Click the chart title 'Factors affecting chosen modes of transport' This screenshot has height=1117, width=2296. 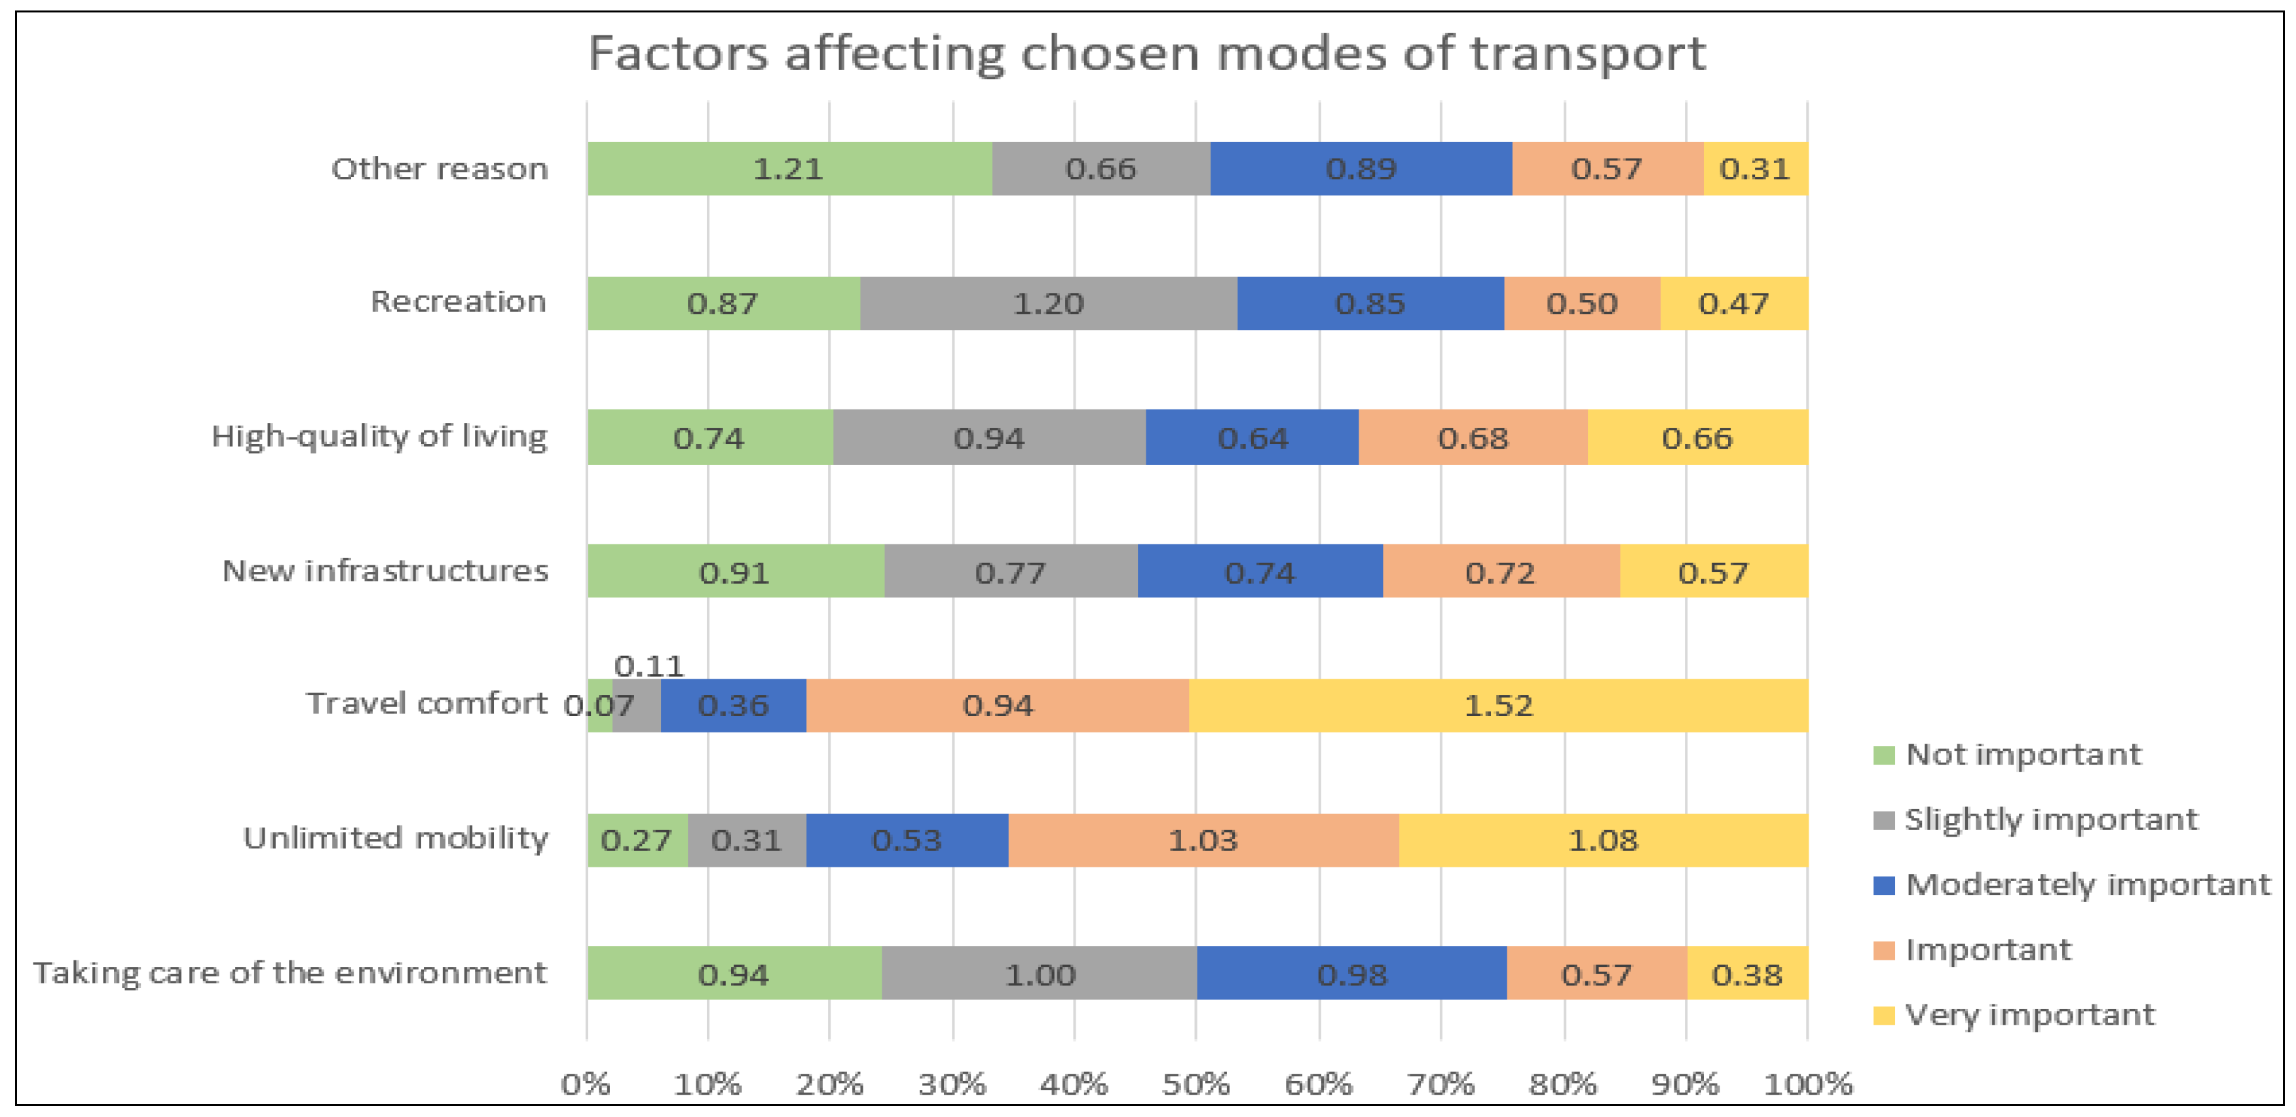pos(1146,54)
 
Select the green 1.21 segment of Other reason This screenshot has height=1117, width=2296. pos(789,168)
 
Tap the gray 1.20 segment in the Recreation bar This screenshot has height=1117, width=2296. pos(1048,303)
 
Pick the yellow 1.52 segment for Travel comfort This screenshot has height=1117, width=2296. pos(1498,705)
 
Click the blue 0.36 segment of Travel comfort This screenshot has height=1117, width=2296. pos(732,705)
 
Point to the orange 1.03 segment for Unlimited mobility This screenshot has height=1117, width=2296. pos(1203,840)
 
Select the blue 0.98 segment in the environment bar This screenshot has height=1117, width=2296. pos(1351,974)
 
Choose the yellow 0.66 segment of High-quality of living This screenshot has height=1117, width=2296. pos(1697,438)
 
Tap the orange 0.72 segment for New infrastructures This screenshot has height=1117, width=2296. pos(1501,571)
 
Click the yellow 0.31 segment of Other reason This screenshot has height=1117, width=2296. pos(1754,168)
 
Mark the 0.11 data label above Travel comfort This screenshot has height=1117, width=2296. pos(649,666)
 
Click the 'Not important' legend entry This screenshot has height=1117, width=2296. pos(2022,755)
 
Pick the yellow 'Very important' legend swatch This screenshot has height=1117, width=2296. pos(1883,1015)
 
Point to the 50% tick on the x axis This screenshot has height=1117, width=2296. pos(1196,1084)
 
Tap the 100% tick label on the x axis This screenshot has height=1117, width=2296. pos(1807,1084)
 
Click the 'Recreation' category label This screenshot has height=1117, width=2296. pos(458,302)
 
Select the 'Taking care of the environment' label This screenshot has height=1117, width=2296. pos(290,973)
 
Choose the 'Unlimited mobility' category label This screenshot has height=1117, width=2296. pos(396,838)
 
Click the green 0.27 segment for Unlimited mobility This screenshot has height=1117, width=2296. pos(636,840)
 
